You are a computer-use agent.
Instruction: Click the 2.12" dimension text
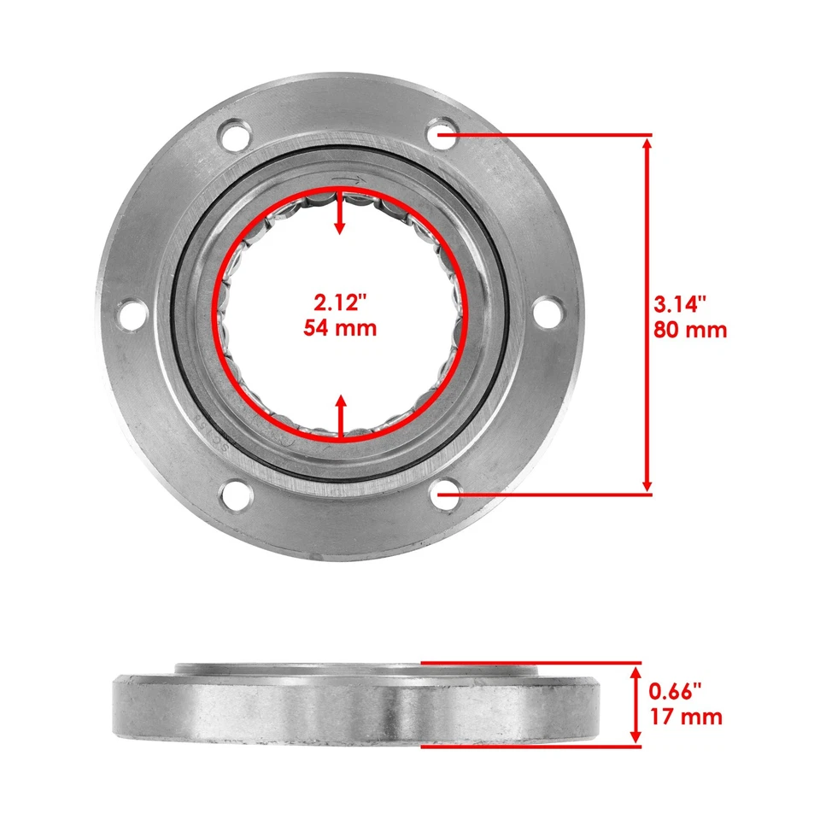coord(340,302)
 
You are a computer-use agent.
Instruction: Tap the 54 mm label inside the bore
coord(340,327)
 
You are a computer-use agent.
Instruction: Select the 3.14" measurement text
coord(682,303)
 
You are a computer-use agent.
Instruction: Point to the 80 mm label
coord(690,329)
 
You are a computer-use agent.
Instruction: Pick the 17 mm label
coord(686,716)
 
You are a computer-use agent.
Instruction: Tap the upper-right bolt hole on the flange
coord(442,134)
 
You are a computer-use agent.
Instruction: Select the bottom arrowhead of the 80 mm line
coord(647,483)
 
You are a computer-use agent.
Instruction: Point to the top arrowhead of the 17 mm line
coord(635,671)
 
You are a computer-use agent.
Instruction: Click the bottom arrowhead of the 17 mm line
coord(635,735)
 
